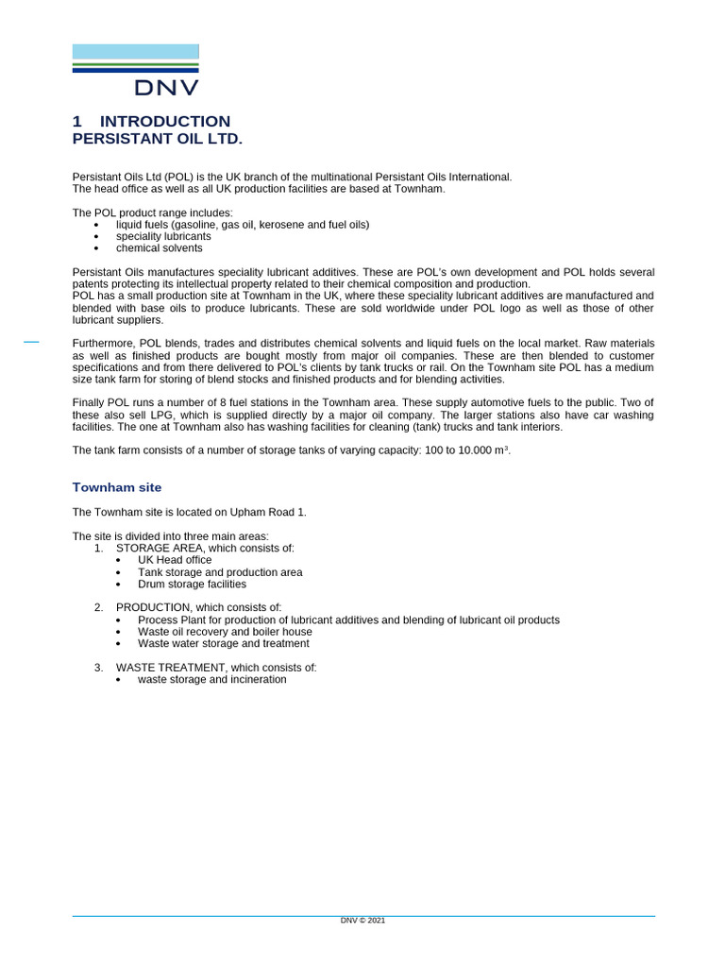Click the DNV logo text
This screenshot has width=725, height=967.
pos(166,88)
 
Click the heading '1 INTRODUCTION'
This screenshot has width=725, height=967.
pos(151,121)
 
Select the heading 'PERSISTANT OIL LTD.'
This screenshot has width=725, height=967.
pos(158,139)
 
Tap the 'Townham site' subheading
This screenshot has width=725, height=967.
pos(117,487)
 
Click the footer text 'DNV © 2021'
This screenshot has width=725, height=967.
pos(362,921)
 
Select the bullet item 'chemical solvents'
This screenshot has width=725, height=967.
pos(159,248)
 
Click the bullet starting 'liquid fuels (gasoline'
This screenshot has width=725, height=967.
pos(243,225)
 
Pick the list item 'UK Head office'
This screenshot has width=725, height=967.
pos(175,560)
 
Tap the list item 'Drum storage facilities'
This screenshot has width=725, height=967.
pos(192,584)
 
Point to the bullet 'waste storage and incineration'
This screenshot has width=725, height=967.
pos(211,680)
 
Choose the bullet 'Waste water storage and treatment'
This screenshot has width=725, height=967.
pos(223,643)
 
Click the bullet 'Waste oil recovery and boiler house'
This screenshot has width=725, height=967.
pos(225,632)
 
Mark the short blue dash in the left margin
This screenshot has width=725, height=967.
pos(31,341)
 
